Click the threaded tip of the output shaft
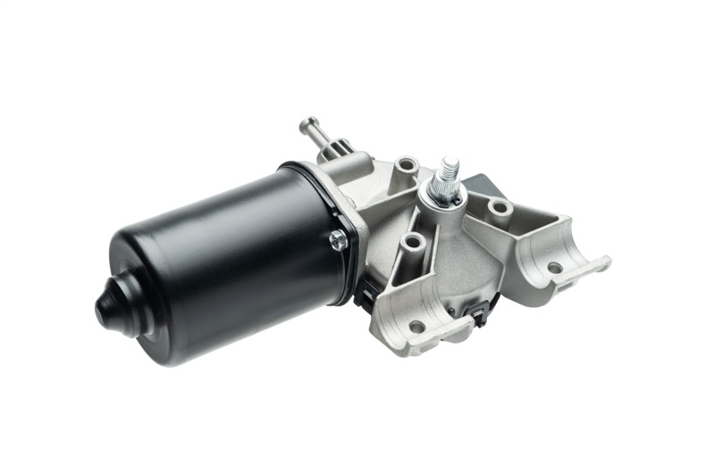pyautogui.click(x=450, y=166)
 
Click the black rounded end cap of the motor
pyautogui.click(x=114, y=304)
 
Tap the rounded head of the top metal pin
pyautogui.click(x=308, y=122)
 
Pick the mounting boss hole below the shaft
pyautogui.click(x=412, y=241)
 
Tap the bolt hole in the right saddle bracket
pyautogui.click(x=555, y=267)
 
